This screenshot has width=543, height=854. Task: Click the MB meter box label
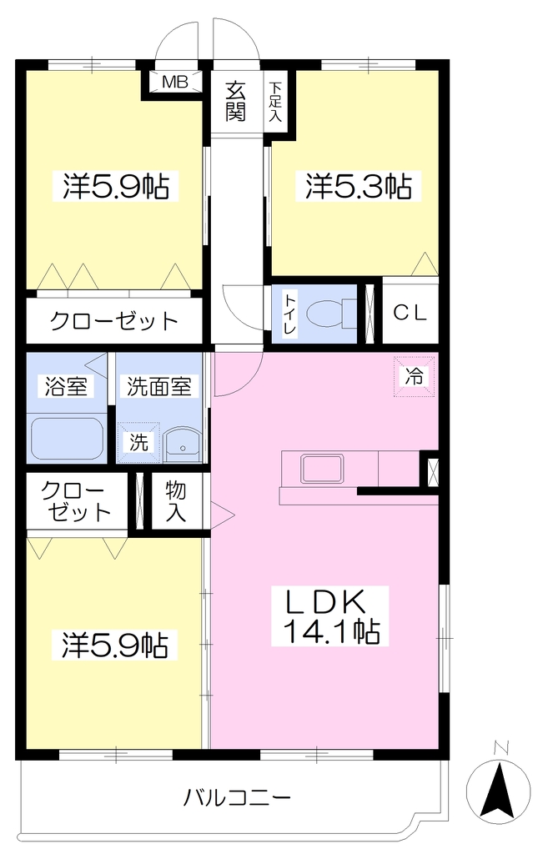[175, 82]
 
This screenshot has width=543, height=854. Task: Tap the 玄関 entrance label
[236, 101]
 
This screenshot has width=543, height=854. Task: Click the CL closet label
[410, 314]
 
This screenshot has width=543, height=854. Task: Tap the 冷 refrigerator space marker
[415, 376]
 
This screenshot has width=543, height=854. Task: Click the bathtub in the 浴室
[67, 439]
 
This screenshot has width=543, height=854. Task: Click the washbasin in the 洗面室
[183, 443]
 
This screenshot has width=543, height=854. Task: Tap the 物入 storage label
[176, 501]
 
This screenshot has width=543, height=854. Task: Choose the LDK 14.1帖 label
[330, 616]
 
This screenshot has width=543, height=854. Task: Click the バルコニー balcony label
[236, 799]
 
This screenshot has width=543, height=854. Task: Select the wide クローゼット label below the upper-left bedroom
[113, 321]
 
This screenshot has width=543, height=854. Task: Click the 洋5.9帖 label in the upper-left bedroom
[115, 186]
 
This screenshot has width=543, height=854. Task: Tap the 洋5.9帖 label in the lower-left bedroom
[114, 645]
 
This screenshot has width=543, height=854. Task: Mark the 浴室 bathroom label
[65, 386]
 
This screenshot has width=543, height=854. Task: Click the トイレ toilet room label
[289, 314]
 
